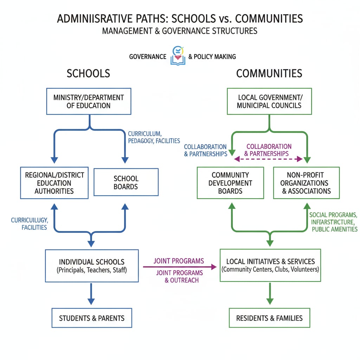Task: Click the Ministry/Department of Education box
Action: (89, 101)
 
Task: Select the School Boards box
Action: (126, 182)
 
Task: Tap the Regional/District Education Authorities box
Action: (54, 183)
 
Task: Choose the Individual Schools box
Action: (91, 266)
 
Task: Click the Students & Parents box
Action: (92, 318)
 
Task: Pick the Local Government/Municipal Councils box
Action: (269, 101)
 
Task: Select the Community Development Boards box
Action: (230, 183)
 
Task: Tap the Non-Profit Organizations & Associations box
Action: (307, 183)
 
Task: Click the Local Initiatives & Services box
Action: (270, 265)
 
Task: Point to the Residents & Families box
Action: (269, 318)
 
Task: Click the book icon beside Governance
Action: (177, 56)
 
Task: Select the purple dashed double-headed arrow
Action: (268, 159)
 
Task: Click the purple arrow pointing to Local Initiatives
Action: (180, 267)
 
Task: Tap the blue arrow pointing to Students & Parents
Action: (91, 294)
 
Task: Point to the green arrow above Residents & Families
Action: (270, 294)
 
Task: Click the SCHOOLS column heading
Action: (88, 73)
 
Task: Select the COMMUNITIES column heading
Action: (269, 73)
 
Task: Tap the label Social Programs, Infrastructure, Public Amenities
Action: (333, 222)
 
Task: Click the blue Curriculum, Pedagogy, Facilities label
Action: (154, 137)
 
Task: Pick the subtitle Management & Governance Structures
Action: (180, 31)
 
